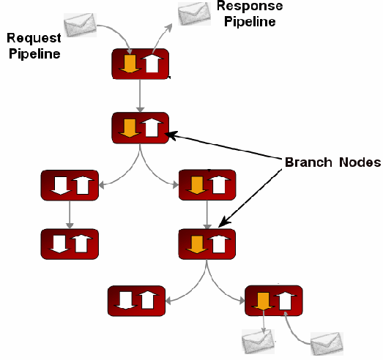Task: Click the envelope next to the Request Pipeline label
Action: pyautogui.click(x=79, y=26)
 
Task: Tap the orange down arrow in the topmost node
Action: pyautogui.click(x=129, y=64)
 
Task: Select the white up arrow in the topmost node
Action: pyautogui.click(x=151, y=64)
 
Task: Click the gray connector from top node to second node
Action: pyautogui.click(x=140, y=95)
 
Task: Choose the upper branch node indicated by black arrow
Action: pyautogui.click(x=140, y=128)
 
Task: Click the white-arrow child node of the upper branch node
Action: pyautogui.click(x=69, y=185)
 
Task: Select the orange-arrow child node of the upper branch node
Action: pyautogui.click(x=207, y=185)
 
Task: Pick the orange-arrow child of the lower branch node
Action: pyautogui.click(x=274, y=299)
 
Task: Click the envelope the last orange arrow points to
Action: pyautogui.click(x=258, y=340)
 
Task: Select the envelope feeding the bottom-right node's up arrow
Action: pyautogui.click(x=325, y=342)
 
